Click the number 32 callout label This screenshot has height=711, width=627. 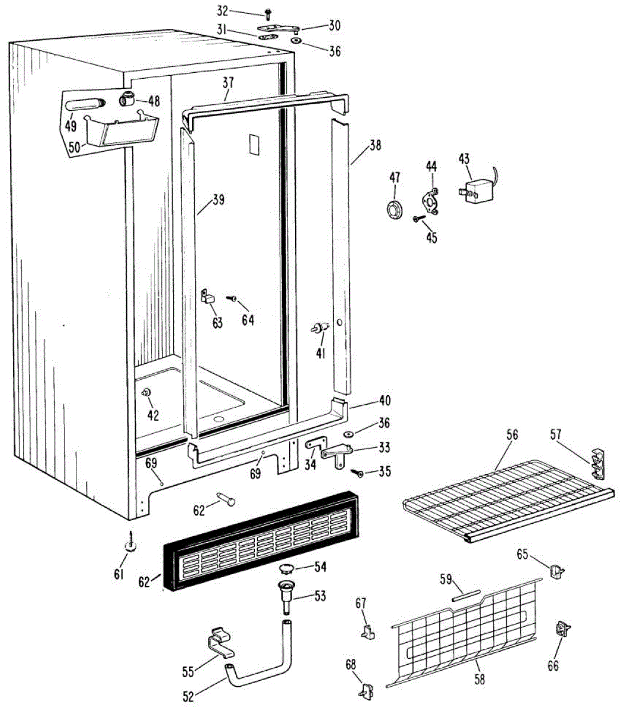click(x=206, y=11)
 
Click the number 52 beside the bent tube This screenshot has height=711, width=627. click(x=188, y=697)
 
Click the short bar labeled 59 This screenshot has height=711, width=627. click(x=468, y=595)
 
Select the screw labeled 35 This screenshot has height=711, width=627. click(x=359, y=472)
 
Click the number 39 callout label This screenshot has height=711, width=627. click(x=218, y=200)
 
